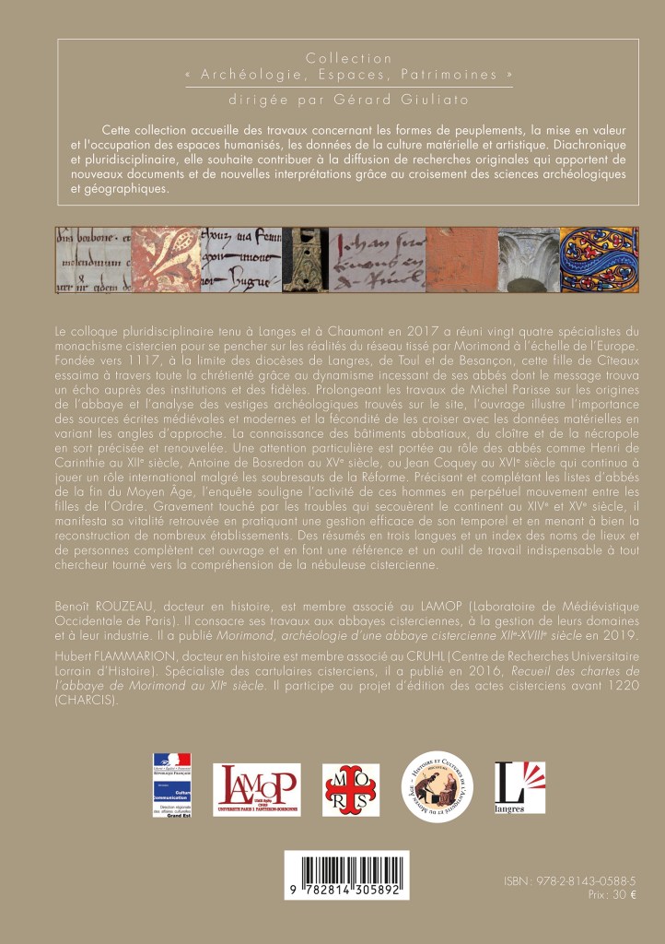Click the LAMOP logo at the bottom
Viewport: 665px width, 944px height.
coord(257,790)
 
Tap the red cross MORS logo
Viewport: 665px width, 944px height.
coord(351,790)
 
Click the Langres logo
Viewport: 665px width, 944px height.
coord(514,787)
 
